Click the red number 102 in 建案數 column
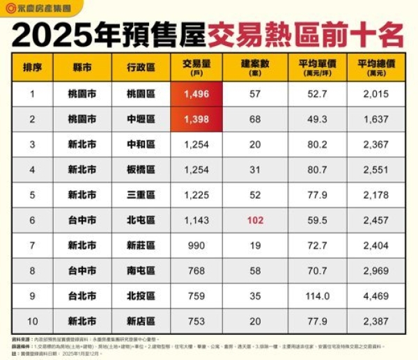[255, 220]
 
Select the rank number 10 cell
[32, 321]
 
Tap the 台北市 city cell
[82, 296]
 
